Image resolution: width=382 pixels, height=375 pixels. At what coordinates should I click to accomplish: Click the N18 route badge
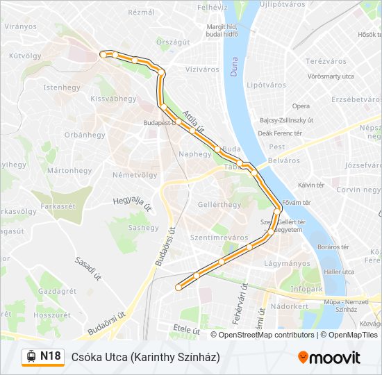point(43,356)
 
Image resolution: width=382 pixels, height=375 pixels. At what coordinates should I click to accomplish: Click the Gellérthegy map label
point(219,204)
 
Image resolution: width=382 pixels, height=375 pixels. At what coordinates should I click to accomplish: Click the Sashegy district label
point(143,227)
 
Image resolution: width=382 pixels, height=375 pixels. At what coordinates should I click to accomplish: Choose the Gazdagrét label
point(58,291)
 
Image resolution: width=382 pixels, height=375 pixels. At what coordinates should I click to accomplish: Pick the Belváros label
point(283,160)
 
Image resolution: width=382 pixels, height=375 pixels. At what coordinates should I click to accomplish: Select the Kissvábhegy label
point(114,99)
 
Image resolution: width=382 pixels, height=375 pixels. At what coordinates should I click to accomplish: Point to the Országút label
point(173,42)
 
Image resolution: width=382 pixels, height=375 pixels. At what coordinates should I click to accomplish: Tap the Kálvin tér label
point(311,185)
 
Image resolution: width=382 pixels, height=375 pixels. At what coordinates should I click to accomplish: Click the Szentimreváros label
point(219,237)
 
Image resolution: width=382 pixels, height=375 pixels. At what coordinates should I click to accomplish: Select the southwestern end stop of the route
point(178,286)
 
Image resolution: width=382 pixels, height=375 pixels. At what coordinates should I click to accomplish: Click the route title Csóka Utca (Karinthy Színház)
point(145,356)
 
